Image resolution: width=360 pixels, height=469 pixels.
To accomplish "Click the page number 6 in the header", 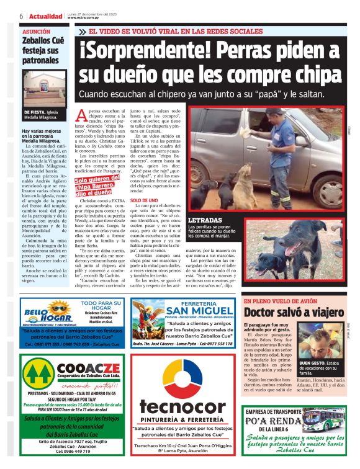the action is point(21,16).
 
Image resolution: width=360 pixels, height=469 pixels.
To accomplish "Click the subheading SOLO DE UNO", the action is point(143,202).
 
